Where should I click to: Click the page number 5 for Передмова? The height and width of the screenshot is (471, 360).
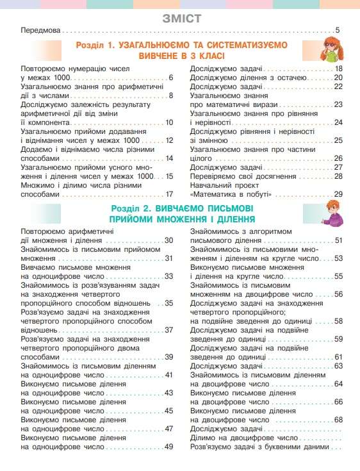click(x=338, y=30)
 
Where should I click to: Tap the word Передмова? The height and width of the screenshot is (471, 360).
click(x=41, y=30)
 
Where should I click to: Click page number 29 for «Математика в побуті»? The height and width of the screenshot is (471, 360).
click(x=338, y=194)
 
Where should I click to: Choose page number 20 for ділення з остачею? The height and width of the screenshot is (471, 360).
click(x=338, y=78)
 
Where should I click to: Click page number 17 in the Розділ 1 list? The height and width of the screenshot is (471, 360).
click(x=170, y=194)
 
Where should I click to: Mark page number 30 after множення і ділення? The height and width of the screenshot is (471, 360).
click(x=169, y=240)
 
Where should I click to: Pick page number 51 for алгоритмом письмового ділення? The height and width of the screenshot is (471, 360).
click(x=339, y=240)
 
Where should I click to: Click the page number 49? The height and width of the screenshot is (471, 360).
click(x=169, y=447)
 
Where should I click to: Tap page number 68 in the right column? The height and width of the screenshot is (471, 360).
click(x=339, y=420)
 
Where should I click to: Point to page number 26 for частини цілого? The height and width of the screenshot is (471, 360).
click(x=338, y=158)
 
